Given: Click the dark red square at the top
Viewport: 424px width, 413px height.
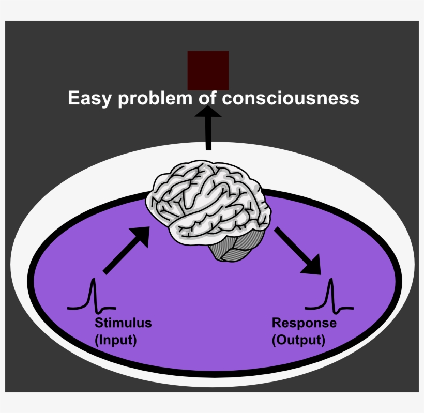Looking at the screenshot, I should click(208, 70).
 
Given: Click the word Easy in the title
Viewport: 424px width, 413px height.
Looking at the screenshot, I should click(91, 98).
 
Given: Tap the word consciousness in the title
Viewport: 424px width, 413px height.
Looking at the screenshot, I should click(291, 98).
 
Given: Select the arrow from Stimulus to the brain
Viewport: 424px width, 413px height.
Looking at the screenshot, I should click(126, 250).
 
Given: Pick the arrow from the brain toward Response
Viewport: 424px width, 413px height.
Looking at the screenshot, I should click(297, 251).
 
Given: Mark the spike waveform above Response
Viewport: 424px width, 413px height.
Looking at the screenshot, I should click(329, 297).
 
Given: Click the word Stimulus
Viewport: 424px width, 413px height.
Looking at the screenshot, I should click(123, 323).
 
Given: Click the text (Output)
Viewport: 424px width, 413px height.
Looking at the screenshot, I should click(298, 341).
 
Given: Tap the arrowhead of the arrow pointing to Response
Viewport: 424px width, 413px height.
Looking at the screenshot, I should click(312, 266).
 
